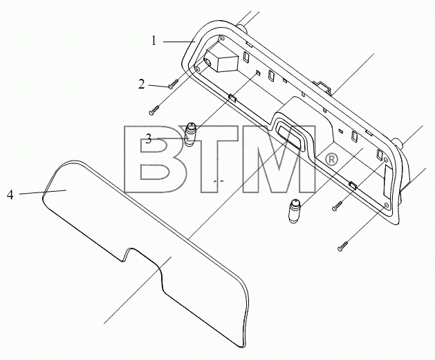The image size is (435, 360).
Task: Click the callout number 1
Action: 154,41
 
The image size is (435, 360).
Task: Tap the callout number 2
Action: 142,84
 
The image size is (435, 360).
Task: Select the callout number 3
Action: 149,139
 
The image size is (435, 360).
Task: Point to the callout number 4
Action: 10,195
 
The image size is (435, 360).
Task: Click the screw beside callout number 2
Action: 174,84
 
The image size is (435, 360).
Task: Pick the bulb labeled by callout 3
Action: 189,134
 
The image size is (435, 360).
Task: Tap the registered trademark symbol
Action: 331,160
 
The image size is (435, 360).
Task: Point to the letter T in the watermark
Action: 215,159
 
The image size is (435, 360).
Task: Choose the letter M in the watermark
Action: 279,159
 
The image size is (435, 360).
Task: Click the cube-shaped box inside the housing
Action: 222,60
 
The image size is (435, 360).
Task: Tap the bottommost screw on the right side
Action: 343,246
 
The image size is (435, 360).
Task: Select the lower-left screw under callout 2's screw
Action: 155,109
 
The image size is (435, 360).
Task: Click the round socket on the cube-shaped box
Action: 207,63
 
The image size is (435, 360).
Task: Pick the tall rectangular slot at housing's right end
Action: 387,181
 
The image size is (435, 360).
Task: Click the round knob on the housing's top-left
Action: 241,28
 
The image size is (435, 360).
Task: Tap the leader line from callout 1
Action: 178,42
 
